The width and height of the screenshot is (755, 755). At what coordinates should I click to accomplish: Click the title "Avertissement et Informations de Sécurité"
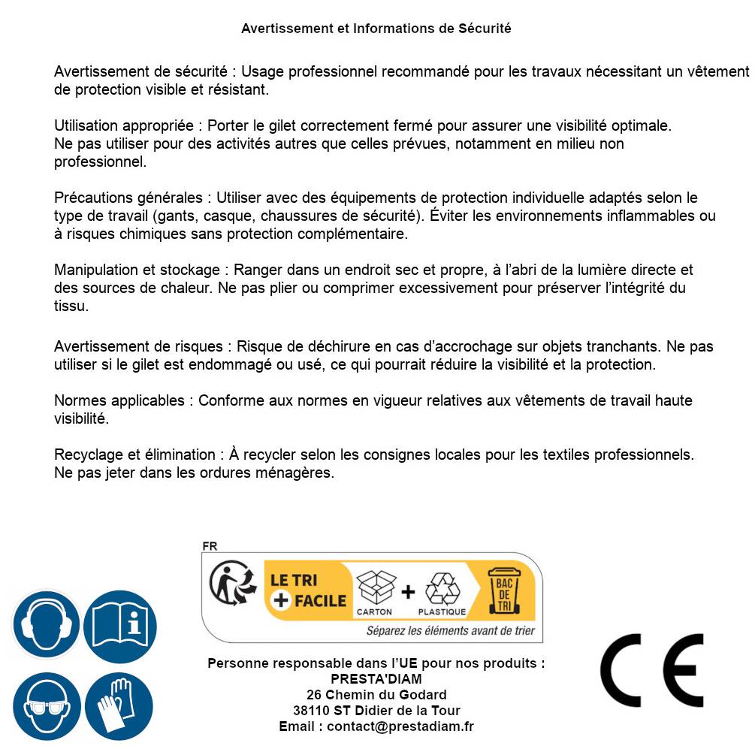point(376,29)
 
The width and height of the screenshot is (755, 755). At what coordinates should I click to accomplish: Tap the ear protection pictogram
point(46,624)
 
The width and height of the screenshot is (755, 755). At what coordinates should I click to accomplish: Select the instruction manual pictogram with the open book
point(119,624)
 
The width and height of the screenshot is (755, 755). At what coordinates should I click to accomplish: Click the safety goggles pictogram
point(46,706)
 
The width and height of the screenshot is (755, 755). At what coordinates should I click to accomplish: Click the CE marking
point(652,671)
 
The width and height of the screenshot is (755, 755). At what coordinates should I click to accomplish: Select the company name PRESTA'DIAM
point(376,679)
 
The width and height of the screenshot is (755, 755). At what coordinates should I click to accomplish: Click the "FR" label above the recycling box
point(210,546)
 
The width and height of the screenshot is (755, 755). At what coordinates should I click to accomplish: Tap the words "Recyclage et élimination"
point(134,455)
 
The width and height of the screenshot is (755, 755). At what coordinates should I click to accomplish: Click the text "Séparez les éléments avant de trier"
point(451,630)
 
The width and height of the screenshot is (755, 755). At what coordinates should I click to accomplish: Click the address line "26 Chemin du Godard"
point(376,695)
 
